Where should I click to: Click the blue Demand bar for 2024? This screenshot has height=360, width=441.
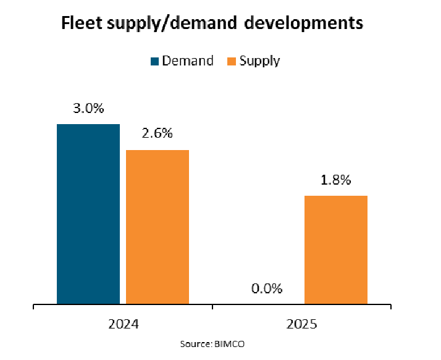(88, 214)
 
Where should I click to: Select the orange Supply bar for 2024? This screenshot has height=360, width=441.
(157, 227)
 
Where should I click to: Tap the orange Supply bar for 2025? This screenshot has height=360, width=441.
(336, 250)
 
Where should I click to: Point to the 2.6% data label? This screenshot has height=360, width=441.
(157, 134)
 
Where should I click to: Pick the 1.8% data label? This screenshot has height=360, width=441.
(336, 180)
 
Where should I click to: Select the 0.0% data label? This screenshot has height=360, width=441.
(267, 288)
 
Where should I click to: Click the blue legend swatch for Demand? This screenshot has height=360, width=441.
(154, 61)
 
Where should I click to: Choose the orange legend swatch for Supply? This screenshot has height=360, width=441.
(232, 61)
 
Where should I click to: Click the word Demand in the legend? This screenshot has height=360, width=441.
(188, 61)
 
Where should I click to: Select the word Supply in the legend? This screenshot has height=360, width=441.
(259, 61)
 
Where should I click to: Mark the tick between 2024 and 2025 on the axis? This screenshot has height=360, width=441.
(212, 308)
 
